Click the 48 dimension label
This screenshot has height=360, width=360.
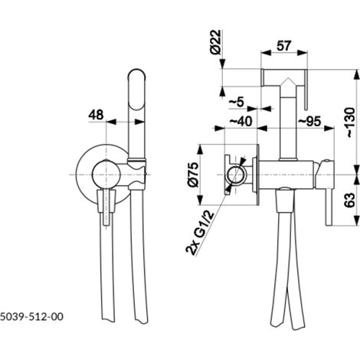coord(96,115)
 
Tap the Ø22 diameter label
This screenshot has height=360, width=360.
coord(216,42)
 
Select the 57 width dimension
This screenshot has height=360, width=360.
coord(284,46)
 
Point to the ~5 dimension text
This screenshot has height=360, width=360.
coord(237,103)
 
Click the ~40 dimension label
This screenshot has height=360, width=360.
coord(241,121)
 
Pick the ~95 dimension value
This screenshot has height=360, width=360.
coord(309,121)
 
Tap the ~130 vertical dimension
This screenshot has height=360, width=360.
coord(350,123)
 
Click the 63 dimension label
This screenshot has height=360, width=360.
coord(349,200)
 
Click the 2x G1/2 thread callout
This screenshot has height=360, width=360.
coord(200,234)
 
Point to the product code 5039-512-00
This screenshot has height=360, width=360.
coord(31,317)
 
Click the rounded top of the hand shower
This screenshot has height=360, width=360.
coord(137,73)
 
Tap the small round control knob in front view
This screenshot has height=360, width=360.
coord(106,175)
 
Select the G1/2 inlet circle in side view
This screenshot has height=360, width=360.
coord(236,175)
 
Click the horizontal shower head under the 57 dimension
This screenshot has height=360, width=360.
coord(283,77)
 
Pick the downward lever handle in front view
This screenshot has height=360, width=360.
coord(106,207)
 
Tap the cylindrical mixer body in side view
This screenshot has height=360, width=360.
coord(287,175)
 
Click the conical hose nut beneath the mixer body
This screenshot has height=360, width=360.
coord(284,201)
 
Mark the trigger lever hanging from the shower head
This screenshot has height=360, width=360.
coord(306,90)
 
